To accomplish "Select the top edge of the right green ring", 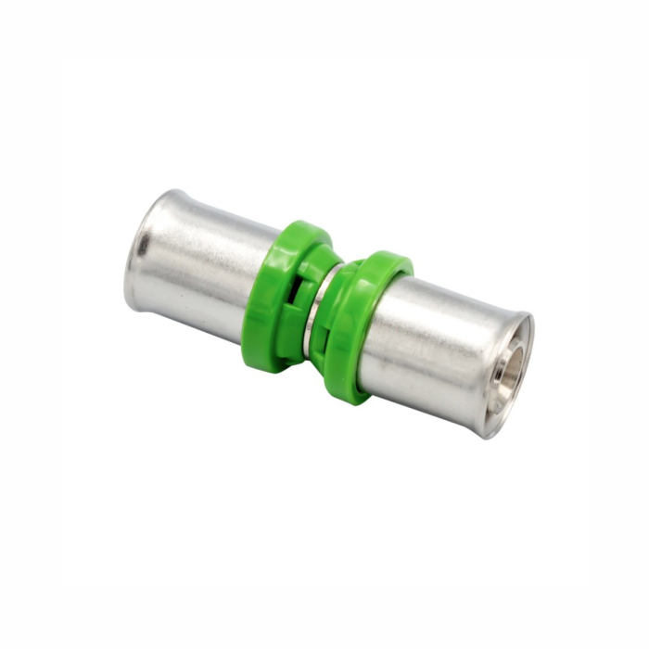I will [x=394, y=257].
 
